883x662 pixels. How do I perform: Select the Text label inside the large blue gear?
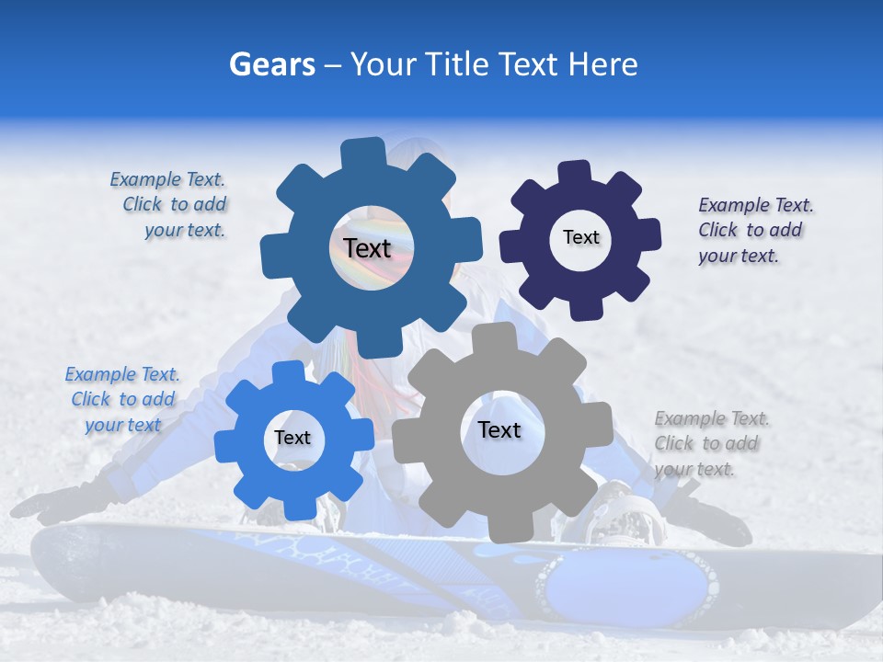(367, 248)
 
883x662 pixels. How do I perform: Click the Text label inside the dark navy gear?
(580, 237)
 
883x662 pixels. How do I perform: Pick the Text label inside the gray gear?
(499, 430)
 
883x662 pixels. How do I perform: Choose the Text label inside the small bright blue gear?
(292, 439)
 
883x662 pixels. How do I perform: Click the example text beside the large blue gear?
(170, 205)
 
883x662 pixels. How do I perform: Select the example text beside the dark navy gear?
(754, 230)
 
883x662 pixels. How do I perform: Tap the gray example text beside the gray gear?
(710, 443)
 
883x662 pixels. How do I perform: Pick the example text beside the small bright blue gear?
(122, 399)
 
